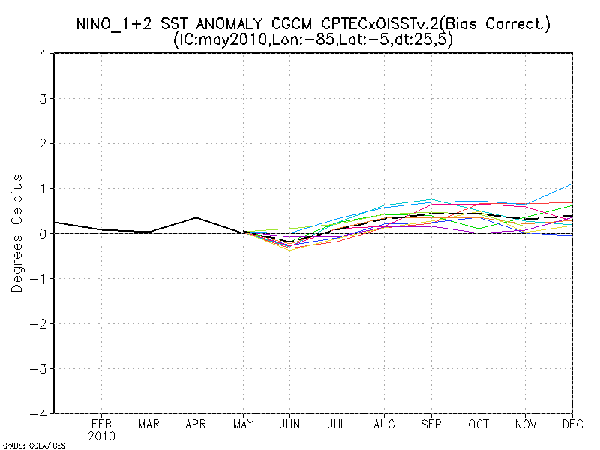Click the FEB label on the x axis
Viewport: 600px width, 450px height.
[x=102, y=424]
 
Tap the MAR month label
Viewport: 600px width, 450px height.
[x=148, y=424]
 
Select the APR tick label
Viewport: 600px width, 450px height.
[x=196, y=424]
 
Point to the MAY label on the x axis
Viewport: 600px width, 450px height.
[x=243, y=424]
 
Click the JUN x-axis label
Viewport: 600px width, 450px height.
[x=290, y=424]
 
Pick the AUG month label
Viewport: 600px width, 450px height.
[x=384, y=424]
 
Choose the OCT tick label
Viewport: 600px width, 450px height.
[x=478, y=424]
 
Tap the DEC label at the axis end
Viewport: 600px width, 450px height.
[x=572, y=424]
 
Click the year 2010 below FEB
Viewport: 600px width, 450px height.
[x=102, y=436]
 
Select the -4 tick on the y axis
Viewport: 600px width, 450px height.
[x=41, y=413]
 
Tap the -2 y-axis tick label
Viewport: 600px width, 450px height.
[x=41, y=323]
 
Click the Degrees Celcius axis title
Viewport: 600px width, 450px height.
[x=16, y=233]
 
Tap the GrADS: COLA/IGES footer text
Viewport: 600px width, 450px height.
[x=34, y=445]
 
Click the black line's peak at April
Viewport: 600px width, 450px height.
[x=196, y=217]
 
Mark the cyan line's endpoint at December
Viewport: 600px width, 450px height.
[x=572, y=184]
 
